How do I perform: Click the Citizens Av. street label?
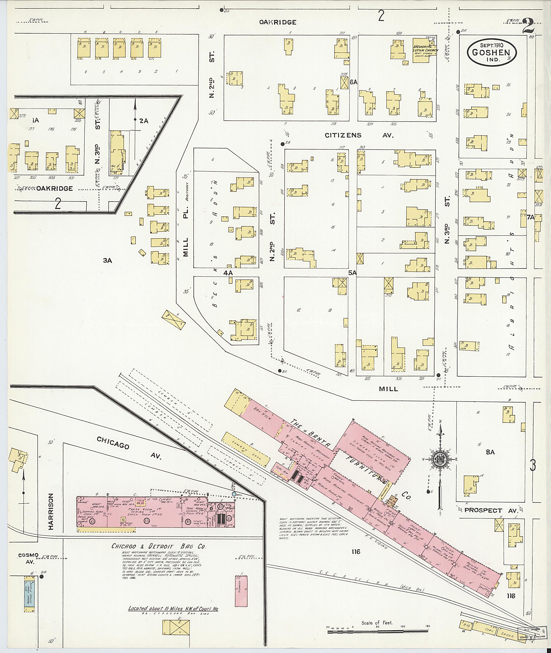pyautogui.click(x=359, y=135)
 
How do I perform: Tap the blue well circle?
pyautogui.click(x=234, y=494)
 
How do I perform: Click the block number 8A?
pyautogui.click(x=490, y=452)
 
